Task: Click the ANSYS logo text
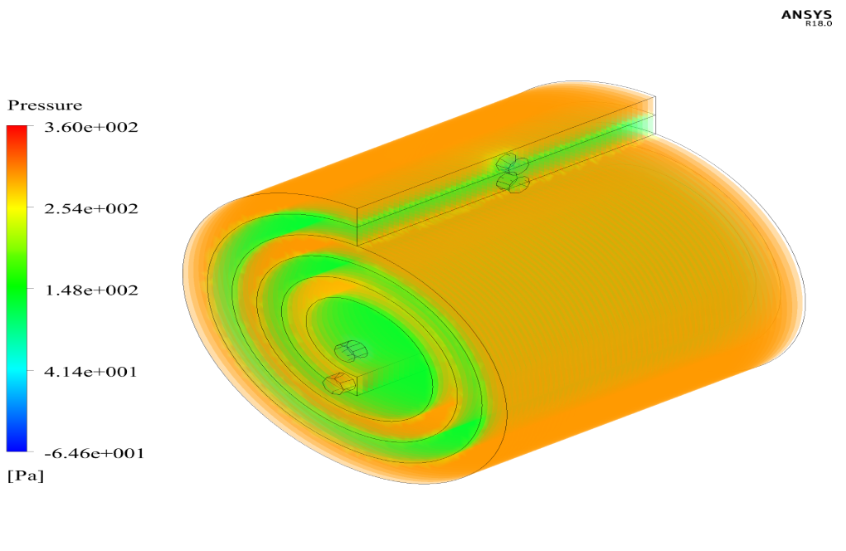(x=807, y=15)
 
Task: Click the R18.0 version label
(x=819, y=24)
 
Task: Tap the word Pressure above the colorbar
(x=45, y=105)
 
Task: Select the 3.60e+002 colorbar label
(x=91, y=127)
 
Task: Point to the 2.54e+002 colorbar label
(x=91, y=209)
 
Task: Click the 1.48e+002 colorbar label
(x=91, y=290)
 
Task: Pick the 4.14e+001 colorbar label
(x=90, y=372)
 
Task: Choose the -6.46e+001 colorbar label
(x=94, y=453)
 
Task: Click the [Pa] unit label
(x=26, y=476)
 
